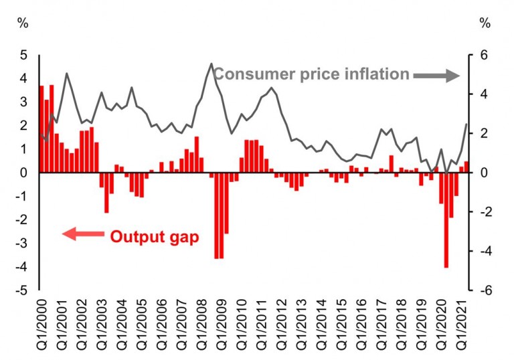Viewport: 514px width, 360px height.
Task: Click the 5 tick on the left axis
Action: click(23, 55)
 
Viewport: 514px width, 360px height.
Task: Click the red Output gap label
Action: click(154, 236)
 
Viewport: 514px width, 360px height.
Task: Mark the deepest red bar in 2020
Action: click(446, 220)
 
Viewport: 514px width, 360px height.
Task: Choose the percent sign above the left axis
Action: click(23, 23)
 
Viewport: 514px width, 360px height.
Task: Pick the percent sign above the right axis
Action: click(485, 23)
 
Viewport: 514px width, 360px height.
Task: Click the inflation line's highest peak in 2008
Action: click(211, 64)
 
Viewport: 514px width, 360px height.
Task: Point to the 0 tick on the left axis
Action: click(23, 173)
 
